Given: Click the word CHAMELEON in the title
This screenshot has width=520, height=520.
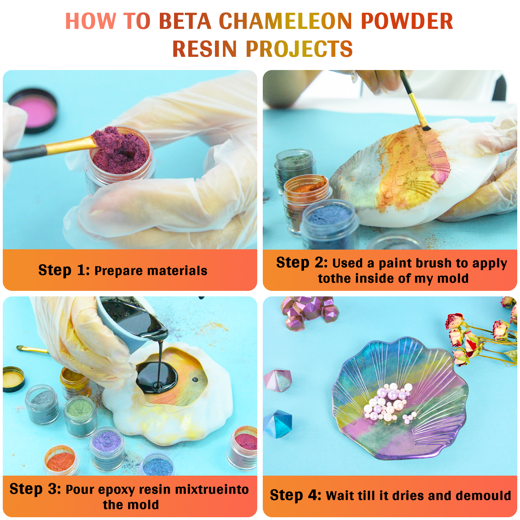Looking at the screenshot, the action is coord(286,21).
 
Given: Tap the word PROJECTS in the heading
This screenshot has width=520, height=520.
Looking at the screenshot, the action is coord(299,49).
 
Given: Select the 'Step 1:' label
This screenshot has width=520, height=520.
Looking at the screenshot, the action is coord(64,270).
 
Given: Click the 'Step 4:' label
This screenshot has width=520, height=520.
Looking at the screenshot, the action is coord(296,495).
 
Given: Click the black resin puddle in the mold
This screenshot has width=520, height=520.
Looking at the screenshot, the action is coord(157,378).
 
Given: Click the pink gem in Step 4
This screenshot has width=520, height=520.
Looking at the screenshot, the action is coord(278,380).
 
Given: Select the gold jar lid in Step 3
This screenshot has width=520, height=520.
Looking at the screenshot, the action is coord(13,379).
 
